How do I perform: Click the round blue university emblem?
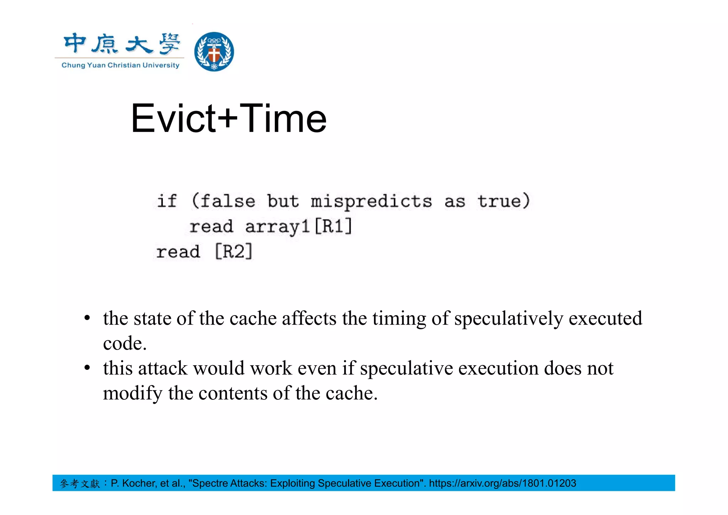click(214, 52)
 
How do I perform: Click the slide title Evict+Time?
click(229, 118)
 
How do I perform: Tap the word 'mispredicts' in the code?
click(371, 202)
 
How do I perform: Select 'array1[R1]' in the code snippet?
click(299, 227)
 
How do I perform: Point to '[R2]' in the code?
click(234, 252)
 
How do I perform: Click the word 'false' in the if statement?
click(228, 201)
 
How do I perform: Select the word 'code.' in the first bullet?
click(125, 343)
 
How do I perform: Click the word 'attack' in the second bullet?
click(162, 368)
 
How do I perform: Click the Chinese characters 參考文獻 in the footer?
click(80, 484)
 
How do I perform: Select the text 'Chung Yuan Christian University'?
click(121, 65)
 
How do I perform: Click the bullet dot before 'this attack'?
click(87, 368)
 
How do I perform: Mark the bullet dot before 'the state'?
click(87, 318)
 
